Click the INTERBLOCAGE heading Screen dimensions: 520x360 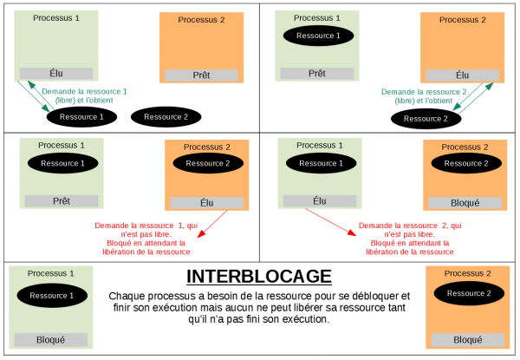pos(259,277)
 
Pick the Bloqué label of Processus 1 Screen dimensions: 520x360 pos(51,340)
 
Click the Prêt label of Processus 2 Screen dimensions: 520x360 pos(201,75)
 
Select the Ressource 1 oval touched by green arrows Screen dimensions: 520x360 pos(81,117)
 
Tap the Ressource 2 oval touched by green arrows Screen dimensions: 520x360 pos(426,119)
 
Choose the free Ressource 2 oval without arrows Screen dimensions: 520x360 pos(166,117)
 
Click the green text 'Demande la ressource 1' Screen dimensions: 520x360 pos(84,92)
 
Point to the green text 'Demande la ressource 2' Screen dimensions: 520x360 pos(424,92)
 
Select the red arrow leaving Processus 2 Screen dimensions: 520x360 pos(212,224)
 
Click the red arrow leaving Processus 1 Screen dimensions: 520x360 pos(331,222)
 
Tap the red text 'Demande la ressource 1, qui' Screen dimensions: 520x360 pos(146,226)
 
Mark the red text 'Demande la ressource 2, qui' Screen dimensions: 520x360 pos(410,226)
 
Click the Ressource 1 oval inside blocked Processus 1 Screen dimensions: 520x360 pos(52,296)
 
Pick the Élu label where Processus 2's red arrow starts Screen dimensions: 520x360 pos(206,203)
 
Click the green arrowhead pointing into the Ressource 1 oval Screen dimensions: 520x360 pos(46,108)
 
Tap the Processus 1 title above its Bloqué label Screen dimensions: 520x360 pos(51,273)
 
